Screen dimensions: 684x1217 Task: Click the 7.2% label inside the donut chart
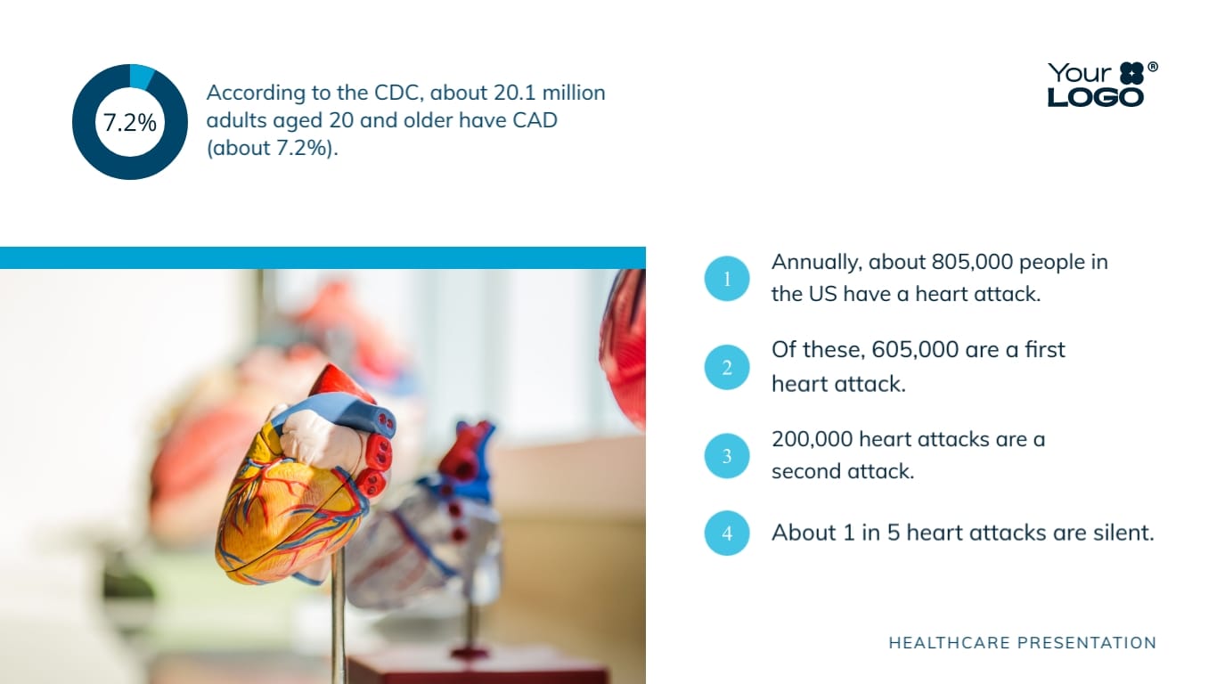130,123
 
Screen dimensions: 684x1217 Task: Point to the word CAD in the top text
535,120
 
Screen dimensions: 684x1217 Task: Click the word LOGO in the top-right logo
1095,96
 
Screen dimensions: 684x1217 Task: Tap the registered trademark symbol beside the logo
1152,68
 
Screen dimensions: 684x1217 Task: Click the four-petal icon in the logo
1131,73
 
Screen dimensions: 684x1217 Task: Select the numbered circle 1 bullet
727,279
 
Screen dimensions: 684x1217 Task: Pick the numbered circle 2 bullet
727,367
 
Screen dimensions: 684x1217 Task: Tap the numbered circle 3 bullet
727,456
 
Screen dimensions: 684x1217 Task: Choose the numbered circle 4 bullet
727,533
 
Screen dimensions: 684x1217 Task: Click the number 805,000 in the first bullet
972,262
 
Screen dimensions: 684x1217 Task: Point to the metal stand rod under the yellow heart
339,623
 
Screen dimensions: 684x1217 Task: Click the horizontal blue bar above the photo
323,257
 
